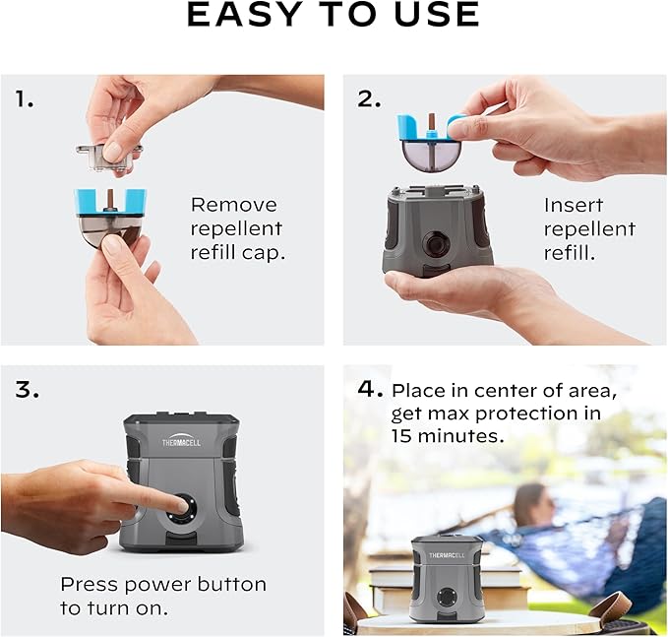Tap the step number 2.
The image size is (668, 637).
(369, 98)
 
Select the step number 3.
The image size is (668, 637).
(27, 389)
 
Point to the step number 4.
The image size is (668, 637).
(370, 389)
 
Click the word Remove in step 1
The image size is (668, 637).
(234, 205)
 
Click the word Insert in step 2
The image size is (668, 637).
(572, 205)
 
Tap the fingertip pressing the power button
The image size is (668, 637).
(178, 504)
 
